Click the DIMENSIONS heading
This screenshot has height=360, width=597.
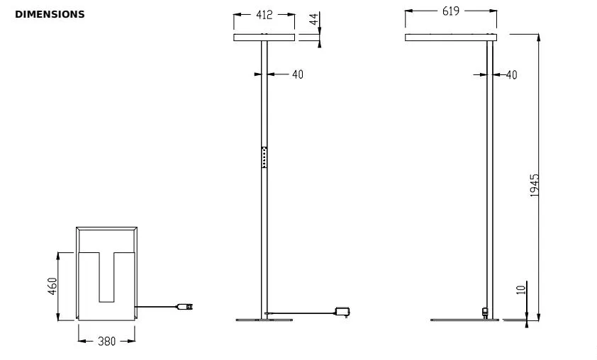coord(50,14)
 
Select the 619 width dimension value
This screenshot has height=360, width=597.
coord(450,12)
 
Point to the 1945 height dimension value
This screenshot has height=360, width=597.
coord(535,185)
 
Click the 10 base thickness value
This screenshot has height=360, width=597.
coord(521,290)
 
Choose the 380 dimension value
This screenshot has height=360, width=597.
coord(106,342)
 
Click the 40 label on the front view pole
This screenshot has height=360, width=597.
coord(297,74)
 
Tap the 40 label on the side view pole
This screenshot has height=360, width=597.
coord(510,74)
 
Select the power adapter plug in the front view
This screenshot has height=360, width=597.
coord(344,311)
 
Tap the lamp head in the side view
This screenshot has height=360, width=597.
coord(450,38)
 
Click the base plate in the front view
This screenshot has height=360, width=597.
coord(264,320)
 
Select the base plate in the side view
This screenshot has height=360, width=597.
coord(465,320)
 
